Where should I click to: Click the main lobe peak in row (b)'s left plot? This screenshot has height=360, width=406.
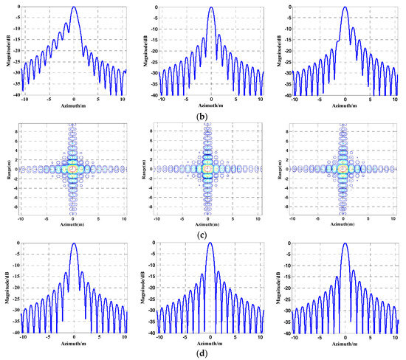[74, 7]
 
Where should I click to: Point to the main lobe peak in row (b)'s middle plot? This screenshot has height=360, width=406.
[211, 7]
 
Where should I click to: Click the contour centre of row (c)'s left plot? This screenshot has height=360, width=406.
[73, 169]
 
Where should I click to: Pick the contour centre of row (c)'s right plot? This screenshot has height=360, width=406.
[344, 169]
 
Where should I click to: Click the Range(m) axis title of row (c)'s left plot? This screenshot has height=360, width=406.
[7, 169]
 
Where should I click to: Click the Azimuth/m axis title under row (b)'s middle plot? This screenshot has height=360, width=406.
[211, 105]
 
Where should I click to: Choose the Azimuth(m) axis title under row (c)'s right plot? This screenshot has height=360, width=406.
[344, 224]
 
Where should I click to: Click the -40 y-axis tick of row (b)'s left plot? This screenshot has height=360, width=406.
[16, 95]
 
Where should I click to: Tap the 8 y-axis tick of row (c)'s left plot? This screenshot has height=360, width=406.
[17, 136]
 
